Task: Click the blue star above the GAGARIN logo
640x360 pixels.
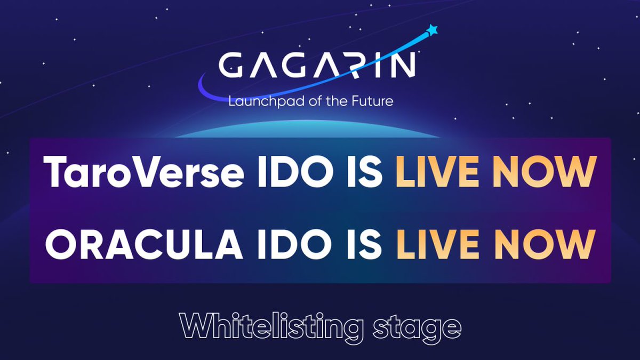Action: click(x=433, y=30)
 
